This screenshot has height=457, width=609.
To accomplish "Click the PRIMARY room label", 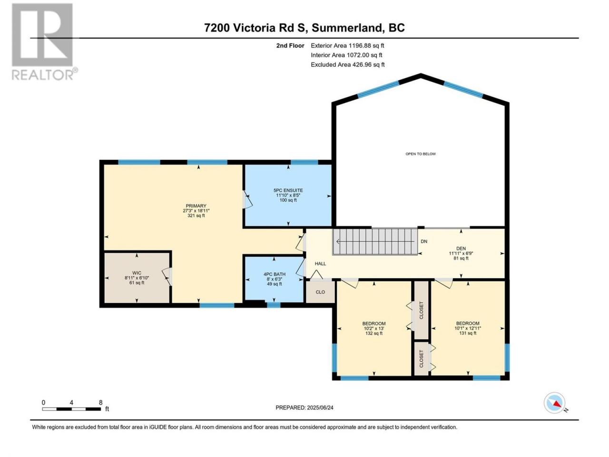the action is pos(196,206).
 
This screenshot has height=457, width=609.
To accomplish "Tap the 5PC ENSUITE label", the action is pos(288,190).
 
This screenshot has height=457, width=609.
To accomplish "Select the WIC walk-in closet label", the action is pos(137,273).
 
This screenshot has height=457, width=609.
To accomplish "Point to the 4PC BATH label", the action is pos(274,274).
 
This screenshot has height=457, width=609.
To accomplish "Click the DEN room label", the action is pos(461,248).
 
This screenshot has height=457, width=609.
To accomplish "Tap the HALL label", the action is pos(320,264).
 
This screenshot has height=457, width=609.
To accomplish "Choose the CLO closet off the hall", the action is pos(320,292).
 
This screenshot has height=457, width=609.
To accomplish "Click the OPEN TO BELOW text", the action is pos(420,154).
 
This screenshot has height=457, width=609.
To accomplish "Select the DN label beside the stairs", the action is pos(423,241).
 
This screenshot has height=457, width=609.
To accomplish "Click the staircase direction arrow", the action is pos(377,242).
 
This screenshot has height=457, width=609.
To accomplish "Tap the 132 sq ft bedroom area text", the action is pos(373,333).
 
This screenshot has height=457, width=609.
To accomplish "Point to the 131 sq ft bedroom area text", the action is pos(468,333).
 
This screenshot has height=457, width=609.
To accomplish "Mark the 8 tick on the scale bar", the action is pos(100,402).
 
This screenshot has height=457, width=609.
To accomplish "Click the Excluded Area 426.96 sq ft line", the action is pos(347,65).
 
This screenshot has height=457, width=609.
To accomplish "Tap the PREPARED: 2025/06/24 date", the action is pos(304,407).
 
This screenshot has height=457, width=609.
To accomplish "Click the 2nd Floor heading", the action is pos(290,46).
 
